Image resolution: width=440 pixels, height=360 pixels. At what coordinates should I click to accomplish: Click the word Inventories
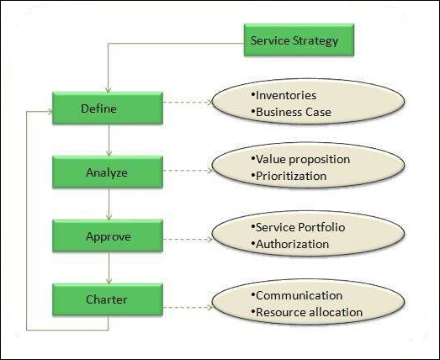tap(287, 95)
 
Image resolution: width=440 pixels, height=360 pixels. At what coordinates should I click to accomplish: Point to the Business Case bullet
tap(294, 112)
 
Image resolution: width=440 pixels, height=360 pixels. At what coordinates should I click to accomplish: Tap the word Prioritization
tap(292, 175)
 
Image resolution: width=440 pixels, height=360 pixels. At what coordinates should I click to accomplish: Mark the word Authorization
tap(294, 245)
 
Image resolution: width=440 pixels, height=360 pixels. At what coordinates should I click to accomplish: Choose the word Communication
tap(299, 295)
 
